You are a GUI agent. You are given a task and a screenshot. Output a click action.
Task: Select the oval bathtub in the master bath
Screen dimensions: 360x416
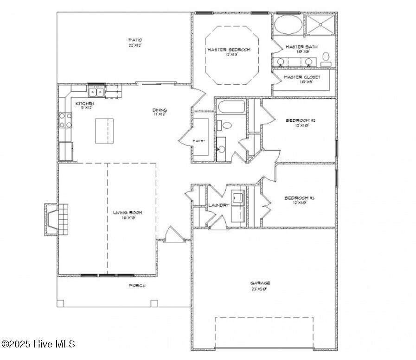pos(287,24)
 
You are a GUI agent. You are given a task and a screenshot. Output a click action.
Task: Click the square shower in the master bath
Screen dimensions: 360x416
pos(321,24)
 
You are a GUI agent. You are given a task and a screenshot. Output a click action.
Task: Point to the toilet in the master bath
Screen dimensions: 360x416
pos(326,57)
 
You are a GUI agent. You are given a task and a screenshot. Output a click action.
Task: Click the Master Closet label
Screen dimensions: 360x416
pos(302,77)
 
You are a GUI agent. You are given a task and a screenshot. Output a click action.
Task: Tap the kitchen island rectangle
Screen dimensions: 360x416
pos(104,131)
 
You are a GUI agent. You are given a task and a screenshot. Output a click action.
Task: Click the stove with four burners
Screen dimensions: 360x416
pos(65,120)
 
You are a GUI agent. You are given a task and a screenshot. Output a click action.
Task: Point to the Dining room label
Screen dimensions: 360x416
pos(160,110)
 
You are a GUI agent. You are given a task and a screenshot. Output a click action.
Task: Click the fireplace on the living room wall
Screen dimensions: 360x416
pos(57,220)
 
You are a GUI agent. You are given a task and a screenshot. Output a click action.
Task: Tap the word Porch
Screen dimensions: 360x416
pos(137,286)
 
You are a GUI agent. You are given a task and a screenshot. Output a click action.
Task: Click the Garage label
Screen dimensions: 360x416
pos(260,283)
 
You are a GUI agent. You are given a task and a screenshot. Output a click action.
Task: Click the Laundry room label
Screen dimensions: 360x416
pos(219,205)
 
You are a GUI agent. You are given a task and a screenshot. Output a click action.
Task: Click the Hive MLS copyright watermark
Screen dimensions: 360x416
pos(38,344)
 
